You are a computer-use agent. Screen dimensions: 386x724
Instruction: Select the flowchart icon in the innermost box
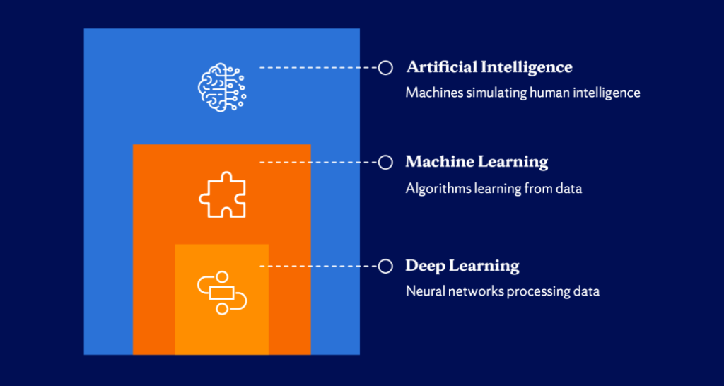click(x=222, y=291)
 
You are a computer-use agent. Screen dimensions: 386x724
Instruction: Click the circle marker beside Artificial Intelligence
click(x=385, y=67)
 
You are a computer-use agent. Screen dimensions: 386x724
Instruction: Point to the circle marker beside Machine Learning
click(x=385, y=162)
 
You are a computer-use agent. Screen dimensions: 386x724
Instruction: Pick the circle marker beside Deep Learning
click(x=385, y=266)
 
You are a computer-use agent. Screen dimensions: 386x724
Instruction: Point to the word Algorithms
click(x=436, y=189)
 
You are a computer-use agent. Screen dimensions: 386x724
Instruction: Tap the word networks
click(x=474, y=291)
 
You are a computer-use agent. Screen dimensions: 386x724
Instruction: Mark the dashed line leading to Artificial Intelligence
click(x=318, y=67)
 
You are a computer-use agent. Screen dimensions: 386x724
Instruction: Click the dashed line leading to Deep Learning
click(x=318, y=266)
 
